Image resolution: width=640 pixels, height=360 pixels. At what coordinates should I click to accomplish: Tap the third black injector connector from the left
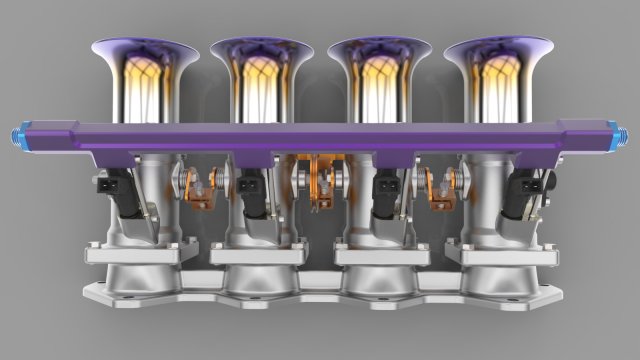click(x=384, y=186)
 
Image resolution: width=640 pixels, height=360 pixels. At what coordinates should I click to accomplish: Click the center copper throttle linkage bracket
click(x=320, y=180)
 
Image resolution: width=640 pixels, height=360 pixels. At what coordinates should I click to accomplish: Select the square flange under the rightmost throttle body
click(x=501, y=255)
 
